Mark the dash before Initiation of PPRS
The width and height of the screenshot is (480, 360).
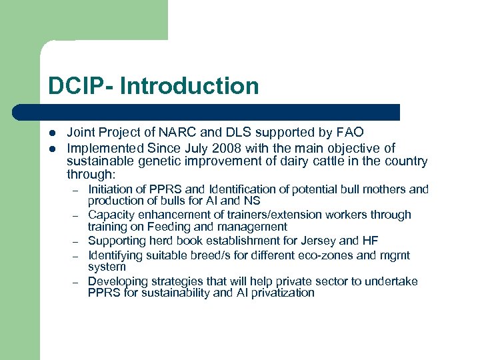(x=77, y=190)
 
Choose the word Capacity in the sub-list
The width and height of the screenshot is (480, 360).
(x=110, y=215)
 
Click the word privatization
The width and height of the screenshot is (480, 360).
(x=281, y=293)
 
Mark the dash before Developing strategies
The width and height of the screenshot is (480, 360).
(x=77, y=282)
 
